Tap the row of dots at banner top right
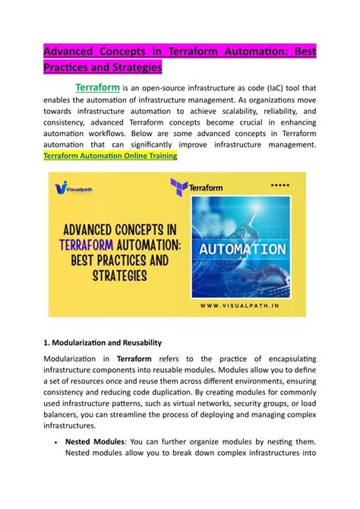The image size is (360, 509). tap(280, 185)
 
